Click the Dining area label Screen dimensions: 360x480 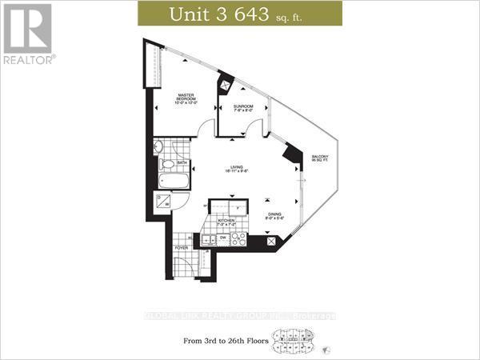point(274,215)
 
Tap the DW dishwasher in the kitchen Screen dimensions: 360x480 point(224,238)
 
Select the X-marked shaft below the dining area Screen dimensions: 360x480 point(273,242)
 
